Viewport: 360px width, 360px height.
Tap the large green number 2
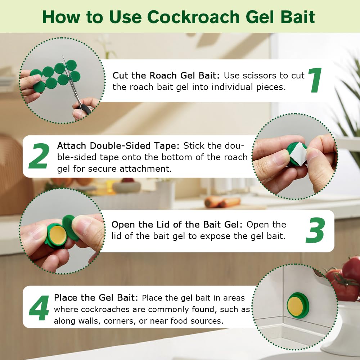pyautogui.click(x=39, y=157)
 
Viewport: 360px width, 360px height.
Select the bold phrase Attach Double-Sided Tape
pyautogui.click(x=119, y=146)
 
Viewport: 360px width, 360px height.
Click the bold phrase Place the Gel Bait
pyautogui.click(x=96, y=298)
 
